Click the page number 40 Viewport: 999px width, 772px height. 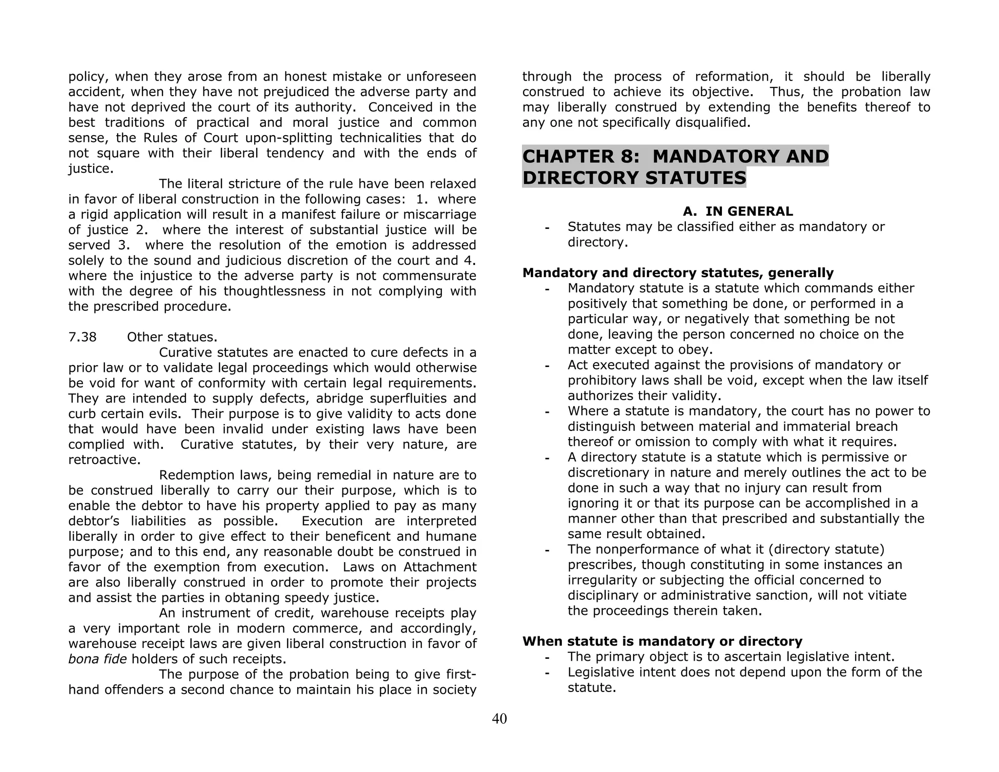tap(499, 719)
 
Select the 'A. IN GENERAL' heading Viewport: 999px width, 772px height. tap(738, 211)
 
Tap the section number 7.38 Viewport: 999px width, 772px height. tap(82, 337)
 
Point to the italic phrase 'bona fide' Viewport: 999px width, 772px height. tap(98, 659)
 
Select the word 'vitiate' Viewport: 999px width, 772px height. tap(884, 595)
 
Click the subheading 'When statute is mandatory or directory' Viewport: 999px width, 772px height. tap(662, 641)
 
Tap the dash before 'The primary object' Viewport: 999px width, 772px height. tap(547, 657)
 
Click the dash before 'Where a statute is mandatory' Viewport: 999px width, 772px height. tap(547, 412)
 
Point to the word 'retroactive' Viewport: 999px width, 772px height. tap(104, 460)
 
